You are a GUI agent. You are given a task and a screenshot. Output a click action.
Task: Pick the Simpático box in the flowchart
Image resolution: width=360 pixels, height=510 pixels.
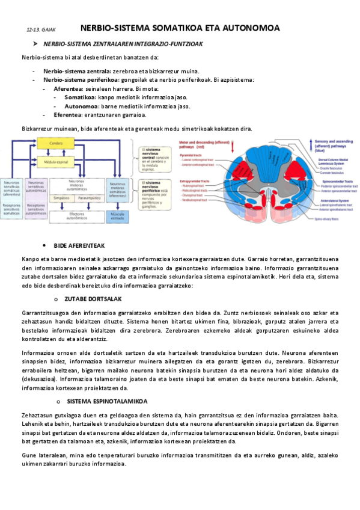pos(60,197)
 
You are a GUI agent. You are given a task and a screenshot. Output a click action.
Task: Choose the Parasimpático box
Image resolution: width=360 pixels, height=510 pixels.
pos(88,197)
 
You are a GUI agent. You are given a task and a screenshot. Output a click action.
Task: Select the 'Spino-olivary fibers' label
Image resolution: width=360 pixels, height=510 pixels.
pos(327,220)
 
